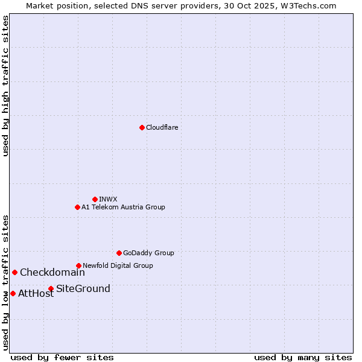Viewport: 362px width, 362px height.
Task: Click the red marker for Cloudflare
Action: (142, 127)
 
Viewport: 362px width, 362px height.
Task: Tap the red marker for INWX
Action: (95, 199)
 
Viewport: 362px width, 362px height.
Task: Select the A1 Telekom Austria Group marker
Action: (77, 207)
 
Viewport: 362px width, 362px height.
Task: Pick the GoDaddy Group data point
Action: (119, 253)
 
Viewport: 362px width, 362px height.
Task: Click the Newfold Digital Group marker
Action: (78, 265)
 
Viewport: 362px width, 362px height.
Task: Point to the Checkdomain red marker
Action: (14, 272)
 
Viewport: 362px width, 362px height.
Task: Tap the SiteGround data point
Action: (51, 288)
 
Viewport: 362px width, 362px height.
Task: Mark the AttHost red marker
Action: (13, 293)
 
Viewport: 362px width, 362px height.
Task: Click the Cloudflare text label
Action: (162, 127)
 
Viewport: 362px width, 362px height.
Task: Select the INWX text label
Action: (108, 199)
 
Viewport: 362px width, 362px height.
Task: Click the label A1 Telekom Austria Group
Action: (123, 207)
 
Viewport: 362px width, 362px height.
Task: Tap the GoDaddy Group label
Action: (148, 253)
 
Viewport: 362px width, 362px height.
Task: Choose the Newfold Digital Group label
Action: (118, 265)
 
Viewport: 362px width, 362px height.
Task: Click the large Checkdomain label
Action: (52, 272)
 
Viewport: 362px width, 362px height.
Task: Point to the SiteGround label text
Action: (83, 288)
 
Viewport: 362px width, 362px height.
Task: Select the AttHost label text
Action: (36, 294)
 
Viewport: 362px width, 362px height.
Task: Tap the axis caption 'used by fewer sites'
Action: (62, 357)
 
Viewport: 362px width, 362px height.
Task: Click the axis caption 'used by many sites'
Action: (303, 357)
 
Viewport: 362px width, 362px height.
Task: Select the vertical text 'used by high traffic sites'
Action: (5, 86)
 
